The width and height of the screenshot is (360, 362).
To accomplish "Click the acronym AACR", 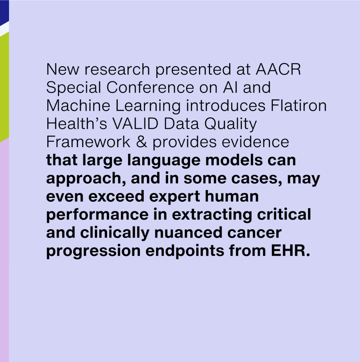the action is click(278, 69).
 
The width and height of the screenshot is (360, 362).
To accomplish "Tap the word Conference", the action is click(150, 87).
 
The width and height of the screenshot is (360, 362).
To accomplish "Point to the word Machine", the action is click(78, 105).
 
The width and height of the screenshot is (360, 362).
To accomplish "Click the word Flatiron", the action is click(299, 105).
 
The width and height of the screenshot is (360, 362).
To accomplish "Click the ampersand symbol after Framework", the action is click(141, 142).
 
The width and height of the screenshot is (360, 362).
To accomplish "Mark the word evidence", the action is click(255, 142).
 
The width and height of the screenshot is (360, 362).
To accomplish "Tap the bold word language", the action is click(164, 161).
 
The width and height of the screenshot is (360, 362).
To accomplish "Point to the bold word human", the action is click(232, 196).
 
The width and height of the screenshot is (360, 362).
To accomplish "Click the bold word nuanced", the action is click(188, 232).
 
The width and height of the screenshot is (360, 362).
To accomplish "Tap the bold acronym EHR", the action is click(290, 251).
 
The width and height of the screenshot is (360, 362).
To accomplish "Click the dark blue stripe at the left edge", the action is click(4, 11).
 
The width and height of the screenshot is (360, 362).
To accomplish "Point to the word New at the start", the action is click(63, 69).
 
